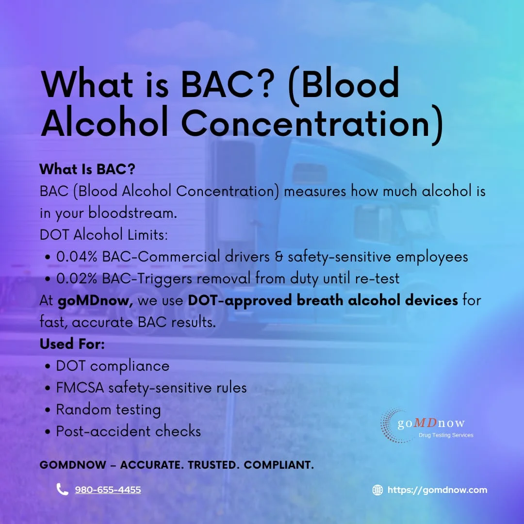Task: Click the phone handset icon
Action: pos(62,489)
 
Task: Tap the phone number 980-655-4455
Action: pos(108,490)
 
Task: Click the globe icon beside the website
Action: pos(377,490)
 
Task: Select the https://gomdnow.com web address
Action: pos(437,490)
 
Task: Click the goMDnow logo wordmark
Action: pos(431,424)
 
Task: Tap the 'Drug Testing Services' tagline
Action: pos(446,435)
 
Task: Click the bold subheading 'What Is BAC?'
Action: pos(87,169)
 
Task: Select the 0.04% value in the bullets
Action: pos(78,257)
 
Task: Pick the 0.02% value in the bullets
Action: pos(78,278)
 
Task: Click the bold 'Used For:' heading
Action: pos(72,344)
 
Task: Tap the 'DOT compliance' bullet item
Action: pos(113,366)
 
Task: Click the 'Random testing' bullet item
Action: pos(108,409)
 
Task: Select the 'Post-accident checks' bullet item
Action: pos(128,431)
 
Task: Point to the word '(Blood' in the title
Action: pos(344,85)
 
